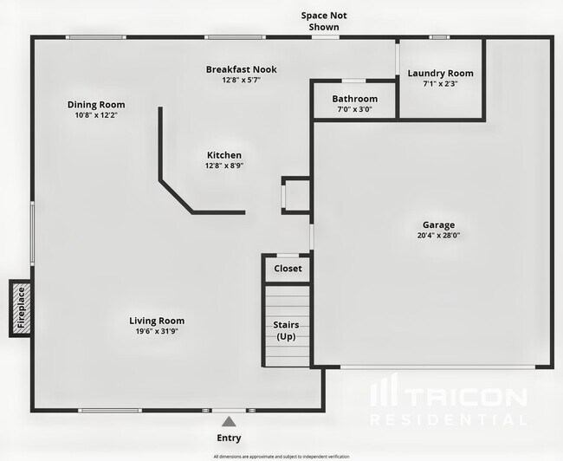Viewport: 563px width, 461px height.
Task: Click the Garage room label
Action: [x=437, y=225]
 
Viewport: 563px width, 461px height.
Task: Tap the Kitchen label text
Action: [x=223, y=155]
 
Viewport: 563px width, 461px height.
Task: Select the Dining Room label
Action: [x=95, y=105]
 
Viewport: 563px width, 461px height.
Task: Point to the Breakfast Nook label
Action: [x=241, y=69]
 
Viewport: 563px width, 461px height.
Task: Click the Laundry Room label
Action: [x=441, y=74]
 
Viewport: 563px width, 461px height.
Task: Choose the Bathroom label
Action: [x=355, y=99]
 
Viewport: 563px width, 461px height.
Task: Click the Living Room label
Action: [x=157, y=321]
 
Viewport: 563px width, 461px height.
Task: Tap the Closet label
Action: [x=288, y=269]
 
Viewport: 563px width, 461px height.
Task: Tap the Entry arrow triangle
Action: [x=229, y=421]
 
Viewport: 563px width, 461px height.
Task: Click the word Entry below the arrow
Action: [x=229, y=438]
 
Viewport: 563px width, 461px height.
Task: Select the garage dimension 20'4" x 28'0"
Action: [x=437, y=236]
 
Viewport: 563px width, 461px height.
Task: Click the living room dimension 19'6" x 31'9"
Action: [x=157, y=331]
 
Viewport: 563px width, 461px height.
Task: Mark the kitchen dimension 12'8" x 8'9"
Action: [x=223, y=166]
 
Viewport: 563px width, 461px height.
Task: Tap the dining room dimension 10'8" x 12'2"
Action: [x=95, y=115]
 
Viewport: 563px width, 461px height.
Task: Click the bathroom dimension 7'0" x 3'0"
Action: [x=355, y=109]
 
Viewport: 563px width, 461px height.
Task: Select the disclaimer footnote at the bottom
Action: [x=281, y=456]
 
